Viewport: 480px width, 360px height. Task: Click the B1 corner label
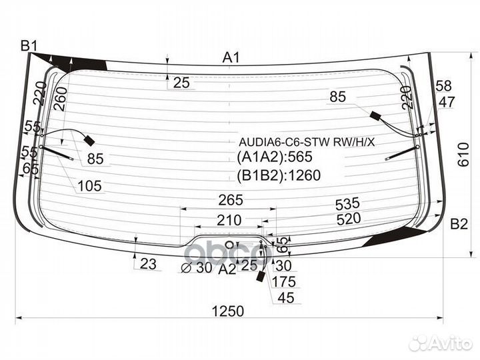pyautogui.click(x=29, y=46)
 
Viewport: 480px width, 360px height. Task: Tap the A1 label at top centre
pyautogui.click(x=231, y=58)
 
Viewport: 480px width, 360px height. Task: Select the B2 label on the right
pyautogui.click(x=459, y=224)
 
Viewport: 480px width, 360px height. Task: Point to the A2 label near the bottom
pyautogui.click(x=227, y=269)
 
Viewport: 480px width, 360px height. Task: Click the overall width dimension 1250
pyautogui.click(x=229, y=311)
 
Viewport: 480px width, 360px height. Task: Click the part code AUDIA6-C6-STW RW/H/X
pyautogui.click(x=307, y=142)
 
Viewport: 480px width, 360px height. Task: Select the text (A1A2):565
pyautogui.click(x=275, y=158)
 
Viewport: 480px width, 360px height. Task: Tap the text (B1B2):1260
pyautogui.click(x=279, y=175)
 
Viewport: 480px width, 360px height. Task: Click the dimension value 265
pyautogui.click(x=229, y=200)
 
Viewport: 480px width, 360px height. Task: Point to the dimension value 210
pyautogui.click(x=229, y=219)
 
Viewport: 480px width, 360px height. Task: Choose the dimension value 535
pyautogui.click(x=347, y=203)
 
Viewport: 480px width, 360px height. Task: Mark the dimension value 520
pyautogui.click(x=348, y=218)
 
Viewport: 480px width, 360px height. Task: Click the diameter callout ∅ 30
pyautogui.click(x=196, y=268)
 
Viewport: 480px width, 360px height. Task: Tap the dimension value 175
pyautogui.click(x=283, y=281)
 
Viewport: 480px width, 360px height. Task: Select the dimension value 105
pyautogui.click(x=89, y=187)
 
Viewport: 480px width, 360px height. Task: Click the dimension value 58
pyautogui.click(x=443, y=85)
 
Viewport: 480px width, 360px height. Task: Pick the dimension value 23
pyautogui.click(x=148, y=265)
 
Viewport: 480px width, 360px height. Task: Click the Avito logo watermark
pyautogui.click(x=441, y=343)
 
